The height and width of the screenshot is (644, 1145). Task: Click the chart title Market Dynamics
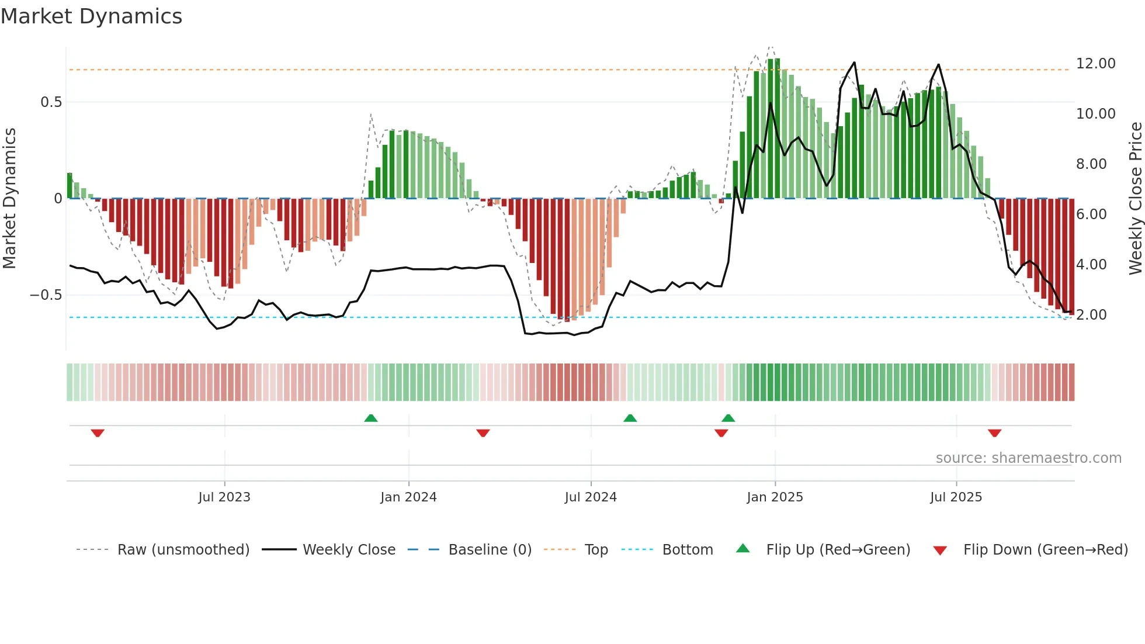pos(91,16)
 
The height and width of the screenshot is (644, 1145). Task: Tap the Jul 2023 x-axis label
pos(224,497)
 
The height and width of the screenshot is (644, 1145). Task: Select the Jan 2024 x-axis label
pos(408,497)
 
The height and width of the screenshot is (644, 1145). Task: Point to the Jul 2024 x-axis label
pos(591,497)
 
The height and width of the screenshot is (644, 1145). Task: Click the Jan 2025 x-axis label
pos(775,497)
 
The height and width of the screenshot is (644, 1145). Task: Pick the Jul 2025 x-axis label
pos(956,497)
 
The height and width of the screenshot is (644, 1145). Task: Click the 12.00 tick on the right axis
pos(1095,64)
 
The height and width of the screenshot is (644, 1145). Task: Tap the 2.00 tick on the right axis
pos(1091,315)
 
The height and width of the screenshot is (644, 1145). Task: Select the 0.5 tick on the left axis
pos(51,102)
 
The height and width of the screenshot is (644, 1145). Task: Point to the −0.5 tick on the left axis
pos(46,295)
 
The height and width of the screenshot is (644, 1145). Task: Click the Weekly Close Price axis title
pos(1135,199)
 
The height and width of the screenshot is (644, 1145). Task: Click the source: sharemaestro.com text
pos(1028,458)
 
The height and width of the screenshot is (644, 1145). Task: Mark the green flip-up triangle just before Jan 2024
pos(371,418)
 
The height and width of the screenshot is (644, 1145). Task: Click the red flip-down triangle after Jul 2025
pos(994,433)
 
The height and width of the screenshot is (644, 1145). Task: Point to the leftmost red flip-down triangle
pos(98,433)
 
